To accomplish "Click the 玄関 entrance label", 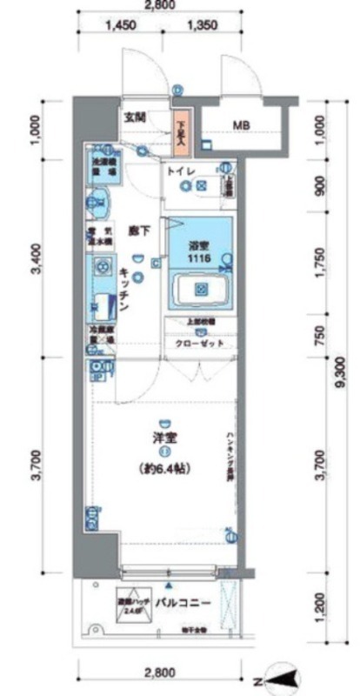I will (135, 117).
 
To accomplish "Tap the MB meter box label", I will (242, 124).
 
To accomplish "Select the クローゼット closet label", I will (204, 344).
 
